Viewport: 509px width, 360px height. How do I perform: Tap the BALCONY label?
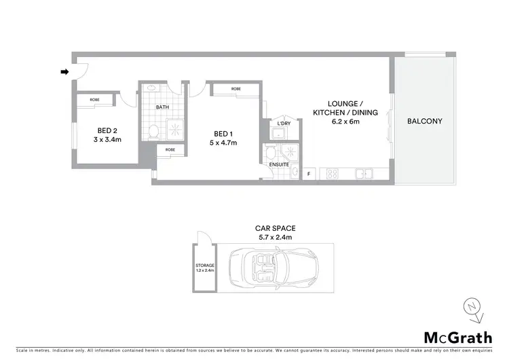(x=424, y=122)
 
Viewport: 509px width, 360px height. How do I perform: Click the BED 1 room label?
(x=220, y=133)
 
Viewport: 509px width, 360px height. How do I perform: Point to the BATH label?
(x=162, y=107)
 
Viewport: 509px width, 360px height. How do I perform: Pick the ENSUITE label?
(x=277, y=164)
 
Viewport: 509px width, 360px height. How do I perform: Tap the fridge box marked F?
(x=309, y=174)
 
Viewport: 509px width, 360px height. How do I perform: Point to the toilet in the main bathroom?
(x=154, y=130)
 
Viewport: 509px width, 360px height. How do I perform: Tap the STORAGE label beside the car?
(x=204, y=265)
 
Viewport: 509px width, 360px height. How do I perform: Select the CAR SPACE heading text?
(x=274, y=228)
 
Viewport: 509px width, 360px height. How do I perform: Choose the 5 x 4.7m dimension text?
(x=220, y=143)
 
